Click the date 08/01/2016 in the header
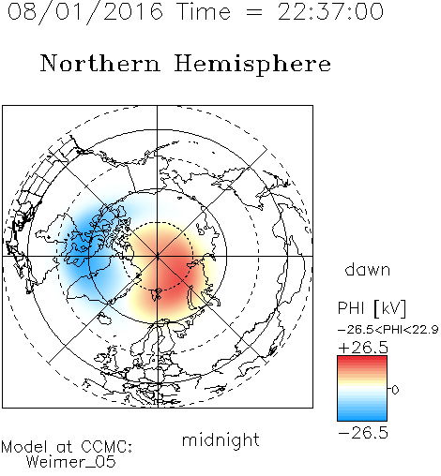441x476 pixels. [x=85, y=11]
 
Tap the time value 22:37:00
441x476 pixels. [x=330, y=11]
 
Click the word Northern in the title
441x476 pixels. [x=99, y=63]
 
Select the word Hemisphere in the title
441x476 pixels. [x=252, y=65]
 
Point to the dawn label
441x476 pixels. [x=368, y=269]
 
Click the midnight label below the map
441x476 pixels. [x=220, y=439]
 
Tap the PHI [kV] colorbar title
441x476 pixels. [x=372, y=308]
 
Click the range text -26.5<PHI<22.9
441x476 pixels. [x=388, y=330]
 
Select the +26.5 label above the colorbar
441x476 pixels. [x=363, y=348]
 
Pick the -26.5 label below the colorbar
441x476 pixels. [x=363, y=433]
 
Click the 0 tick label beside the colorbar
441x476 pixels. [x=395, y=390]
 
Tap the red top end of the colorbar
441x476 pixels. [x=362, y=359]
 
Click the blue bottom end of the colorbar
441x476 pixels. [x=362, y=418]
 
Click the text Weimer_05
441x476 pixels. [x=71, y=462]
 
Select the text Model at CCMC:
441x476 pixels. [x=67, y=447]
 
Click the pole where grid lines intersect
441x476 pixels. [x=158, y=256]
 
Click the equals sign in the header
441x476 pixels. [x=254, y=12]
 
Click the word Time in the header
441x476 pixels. [x=204, y=11]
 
